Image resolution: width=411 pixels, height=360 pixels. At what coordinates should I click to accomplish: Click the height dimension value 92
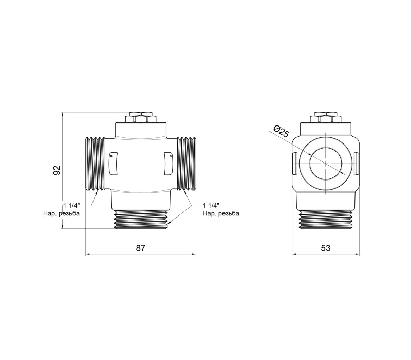tap(57, 170)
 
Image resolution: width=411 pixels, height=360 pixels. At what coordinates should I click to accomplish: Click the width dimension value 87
tap(140, 248)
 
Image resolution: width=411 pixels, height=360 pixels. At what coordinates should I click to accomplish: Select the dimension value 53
tap(326, 248)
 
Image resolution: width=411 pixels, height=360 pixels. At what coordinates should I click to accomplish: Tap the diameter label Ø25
tap(281, 131)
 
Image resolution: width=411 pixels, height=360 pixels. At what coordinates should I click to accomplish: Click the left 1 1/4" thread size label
tap(71, 205)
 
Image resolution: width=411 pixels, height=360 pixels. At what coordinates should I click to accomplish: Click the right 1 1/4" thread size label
tap(211, 205)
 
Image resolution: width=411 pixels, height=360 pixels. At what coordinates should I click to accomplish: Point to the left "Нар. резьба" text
tap(61, 213)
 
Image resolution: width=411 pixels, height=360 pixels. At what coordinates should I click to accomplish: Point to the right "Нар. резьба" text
tap(221, 213)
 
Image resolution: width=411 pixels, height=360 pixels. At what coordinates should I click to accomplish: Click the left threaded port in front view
tap(96, 164)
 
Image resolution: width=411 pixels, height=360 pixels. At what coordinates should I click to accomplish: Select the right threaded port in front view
tap(186, 164)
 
